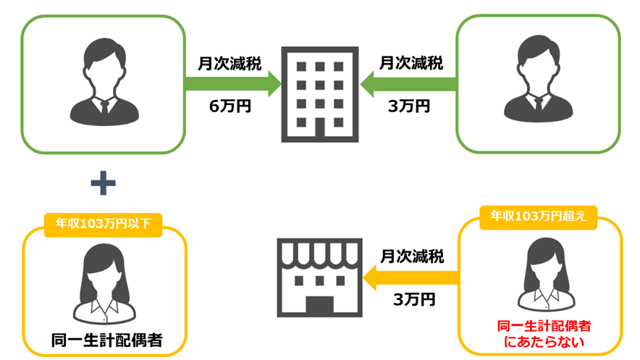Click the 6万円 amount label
tap(230, 106)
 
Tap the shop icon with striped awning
tap(319, 279)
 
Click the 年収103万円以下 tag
tap(104, 223)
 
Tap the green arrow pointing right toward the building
tap(232, 83)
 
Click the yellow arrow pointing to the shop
tap(411, 275)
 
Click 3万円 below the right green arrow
tap(409, 106)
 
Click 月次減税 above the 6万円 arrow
tap(230, 62)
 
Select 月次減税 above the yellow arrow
tap(413, 255)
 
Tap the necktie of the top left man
tap(105, 104)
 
